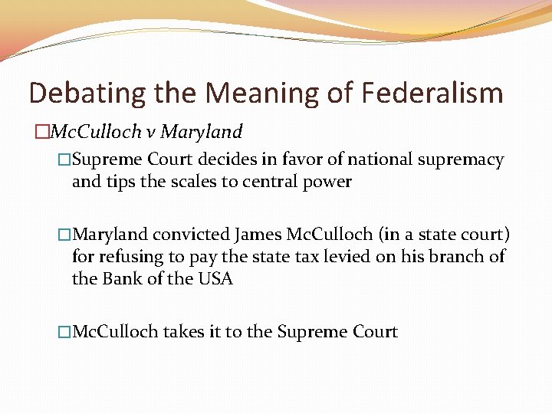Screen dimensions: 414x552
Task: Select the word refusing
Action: [132, 256]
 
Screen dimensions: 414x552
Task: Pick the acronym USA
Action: [215, 278]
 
